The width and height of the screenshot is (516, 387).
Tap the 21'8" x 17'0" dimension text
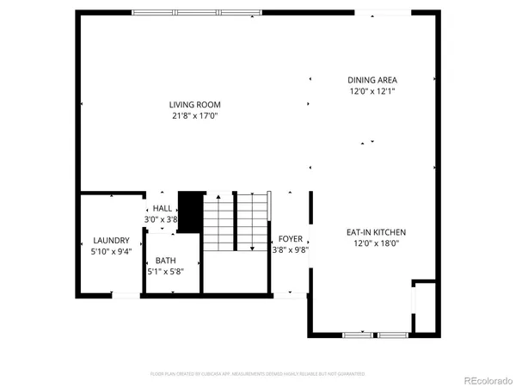pos(193,116)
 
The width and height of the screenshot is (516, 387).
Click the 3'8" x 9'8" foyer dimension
pos(291,250)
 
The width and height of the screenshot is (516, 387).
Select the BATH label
pos(165,260)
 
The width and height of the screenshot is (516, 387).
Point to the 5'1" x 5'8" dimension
pos(165,271)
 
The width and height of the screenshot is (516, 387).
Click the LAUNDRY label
pos(112,240)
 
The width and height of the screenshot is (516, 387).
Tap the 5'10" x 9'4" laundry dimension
pos(112,251)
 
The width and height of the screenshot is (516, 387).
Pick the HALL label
pos(162,209)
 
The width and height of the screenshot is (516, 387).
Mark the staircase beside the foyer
pos(236,222)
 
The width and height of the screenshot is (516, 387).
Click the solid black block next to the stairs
pos(188,212)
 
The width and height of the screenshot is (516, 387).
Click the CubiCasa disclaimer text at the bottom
pos(258,374)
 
